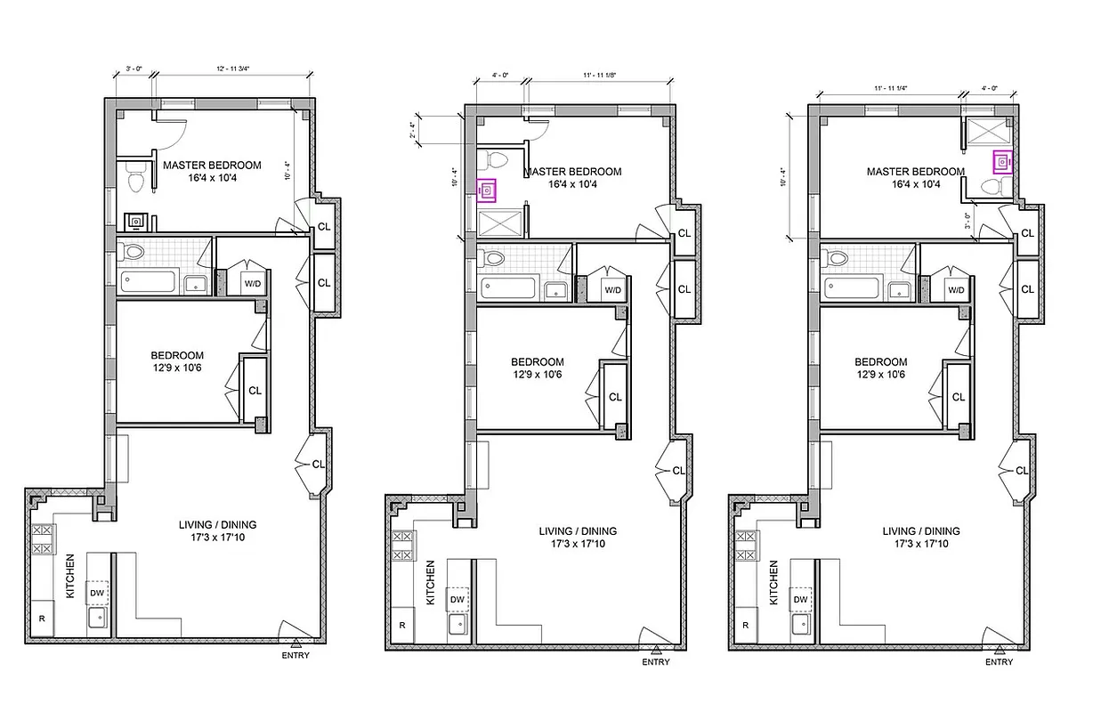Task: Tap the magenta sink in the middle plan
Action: point(487,190)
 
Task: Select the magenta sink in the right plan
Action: point(1003,162)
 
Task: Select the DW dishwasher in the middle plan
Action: point(457,601)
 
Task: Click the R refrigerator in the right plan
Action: point(745,625)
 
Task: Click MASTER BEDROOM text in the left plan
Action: point(211,166)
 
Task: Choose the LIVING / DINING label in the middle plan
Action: point(578,531)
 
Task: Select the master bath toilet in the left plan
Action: point(136,180)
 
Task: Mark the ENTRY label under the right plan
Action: point(999,662)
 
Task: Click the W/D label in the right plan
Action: point(956,290)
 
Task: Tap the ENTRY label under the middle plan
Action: point(656,662)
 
